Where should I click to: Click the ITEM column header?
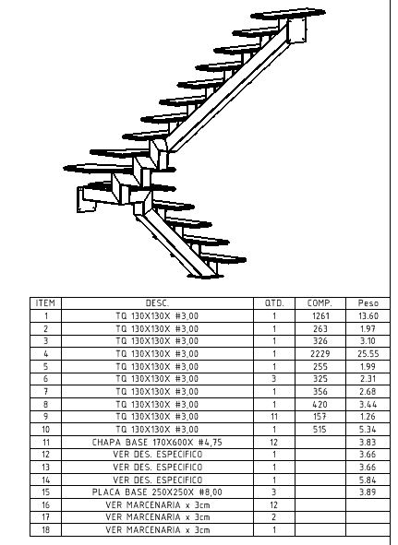coord(45,303)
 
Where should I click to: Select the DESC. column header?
coord(157,303)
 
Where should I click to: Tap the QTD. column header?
coord(274,303)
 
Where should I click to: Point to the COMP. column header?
coord(320,303)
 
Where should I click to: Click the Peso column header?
coord(368,303)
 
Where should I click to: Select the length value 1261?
coord(320,316)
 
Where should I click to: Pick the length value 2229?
coord(320,354)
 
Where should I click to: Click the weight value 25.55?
coord(368,354)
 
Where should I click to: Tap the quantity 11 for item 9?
coord(274,417)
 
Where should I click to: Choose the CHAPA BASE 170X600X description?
coord(157,442)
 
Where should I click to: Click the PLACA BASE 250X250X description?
coord(157,492)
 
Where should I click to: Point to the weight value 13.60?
coord(368,316)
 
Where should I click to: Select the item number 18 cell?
coord(45,529)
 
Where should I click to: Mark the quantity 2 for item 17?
coord(274,517)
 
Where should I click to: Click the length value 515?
coord(320,429)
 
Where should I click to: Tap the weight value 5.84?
coord(368,480)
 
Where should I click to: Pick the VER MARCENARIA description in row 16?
coord(158,504)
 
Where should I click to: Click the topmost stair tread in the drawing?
coord(288,14)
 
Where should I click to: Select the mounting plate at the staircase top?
coord(297,30)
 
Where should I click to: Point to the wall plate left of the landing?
coord(86,199)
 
